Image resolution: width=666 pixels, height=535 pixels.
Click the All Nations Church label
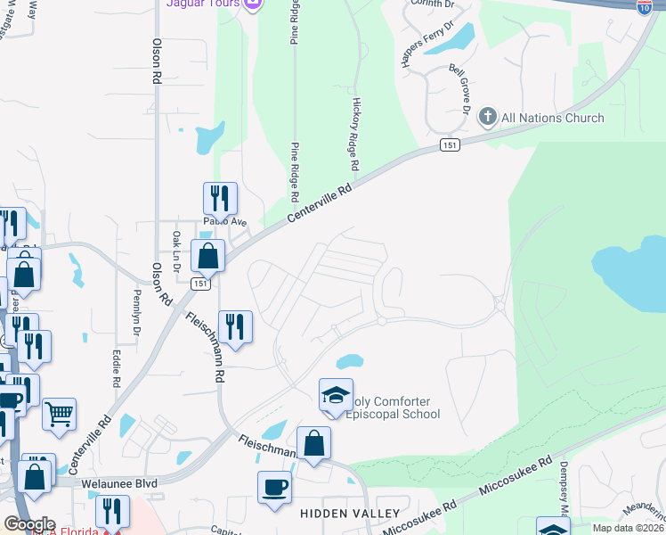coord(552,118)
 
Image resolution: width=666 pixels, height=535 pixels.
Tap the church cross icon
coord(487,117)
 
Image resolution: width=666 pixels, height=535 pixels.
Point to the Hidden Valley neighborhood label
coord(350,514)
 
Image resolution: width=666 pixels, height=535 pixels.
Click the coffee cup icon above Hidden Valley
coord(274,488)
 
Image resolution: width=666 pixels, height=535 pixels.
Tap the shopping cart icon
coord(59,414)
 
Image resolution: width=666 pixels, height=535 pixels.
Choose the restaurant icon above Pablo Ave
coord(220,199)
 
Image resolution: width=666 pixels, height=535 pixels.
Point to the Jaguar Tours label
coord(203,4)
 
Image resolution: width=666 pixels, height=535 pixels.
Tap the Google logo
coord(29,523)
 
